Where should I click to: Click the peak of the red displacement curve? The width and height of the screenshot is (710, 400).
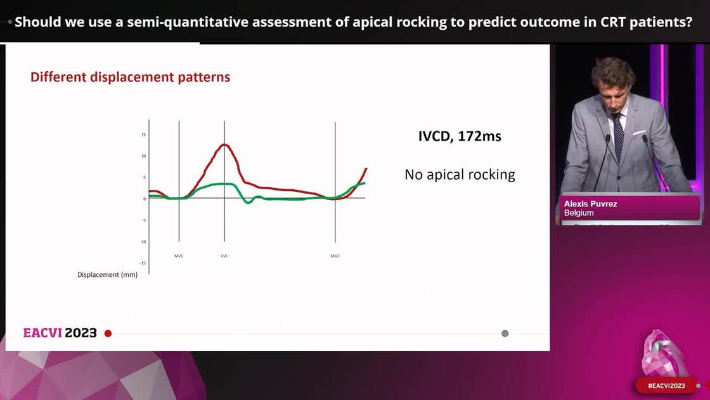pos(224,145)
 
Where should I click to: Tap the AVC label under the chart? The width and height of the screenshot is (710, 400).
pos(224,256)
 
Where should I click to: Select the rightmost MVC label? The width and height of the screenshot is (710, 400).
pos(335,256)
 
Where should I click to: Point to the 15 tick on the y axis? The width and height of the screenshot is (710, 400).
pos(143,135)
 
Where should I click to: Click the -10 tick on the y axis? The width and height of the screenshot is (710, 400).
pos(143,242)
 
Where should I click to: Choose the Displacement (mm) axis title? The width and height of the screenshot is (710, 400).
pos(107,275)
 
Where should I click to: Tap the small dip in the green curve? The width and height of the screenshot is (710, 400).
pos(248,201)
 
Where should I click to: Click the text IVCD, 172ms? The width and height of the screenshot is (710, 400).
pos(460,136)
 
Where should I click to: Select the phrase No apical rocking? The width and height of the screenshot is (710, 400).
pos(460,175)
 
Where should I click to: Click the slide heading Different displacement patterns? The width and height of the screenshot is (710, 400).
pos(130,77)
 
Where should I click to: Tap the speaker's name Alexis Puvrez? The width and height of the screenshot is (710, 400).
pos(590,204)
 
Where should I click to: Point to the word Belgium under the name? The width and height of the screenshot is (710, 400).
pos(579,213)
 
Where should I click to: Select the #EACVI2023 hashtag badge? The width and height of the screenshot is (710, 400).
pos(666,385)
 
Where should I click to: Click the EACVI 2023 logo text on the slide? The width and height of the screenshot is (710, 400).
pos(60,333)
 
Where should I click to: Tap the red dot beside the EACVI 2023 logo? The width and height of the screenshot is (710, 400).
pos(108,333)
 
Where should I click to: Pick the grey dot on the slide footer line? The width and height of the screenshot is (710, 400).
pos(505,333)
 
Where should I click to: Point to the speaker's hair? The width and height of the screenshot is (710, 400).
pos(612,69)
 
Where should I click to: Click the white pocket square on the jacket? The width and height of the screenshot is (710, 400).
pos(639,133)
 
